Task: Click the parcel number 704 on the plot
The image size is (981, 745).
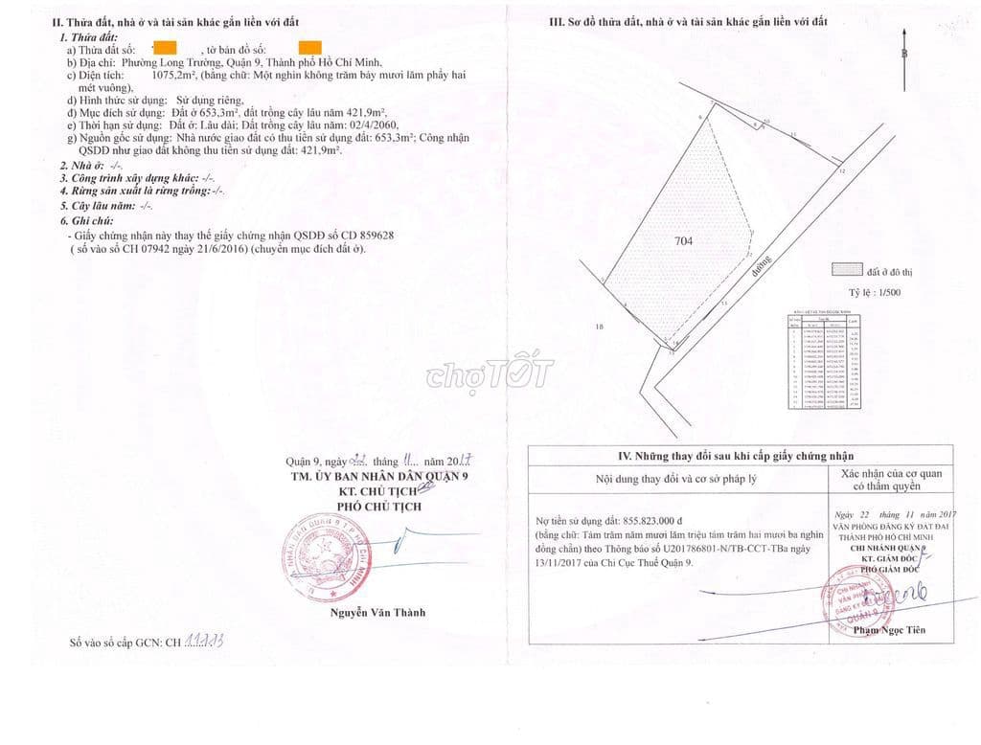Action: click(x=682, y=241)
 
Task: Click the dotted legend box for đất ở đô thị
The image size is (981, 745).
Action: click(x=846, y=271)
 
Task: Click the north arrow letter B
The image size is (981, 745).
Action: click(x=903, y=54)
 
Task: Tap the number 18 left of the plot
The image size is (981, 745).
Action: click(x=600, y=327)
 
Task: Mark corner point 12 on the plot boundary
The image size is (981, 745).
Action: click(x=841, y=171)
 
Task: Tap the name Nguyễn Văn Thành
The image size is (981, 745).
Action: click(x=377, y=612)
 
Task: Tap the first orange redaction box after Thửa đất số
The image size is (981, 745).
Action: click(x=165, y=47)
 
